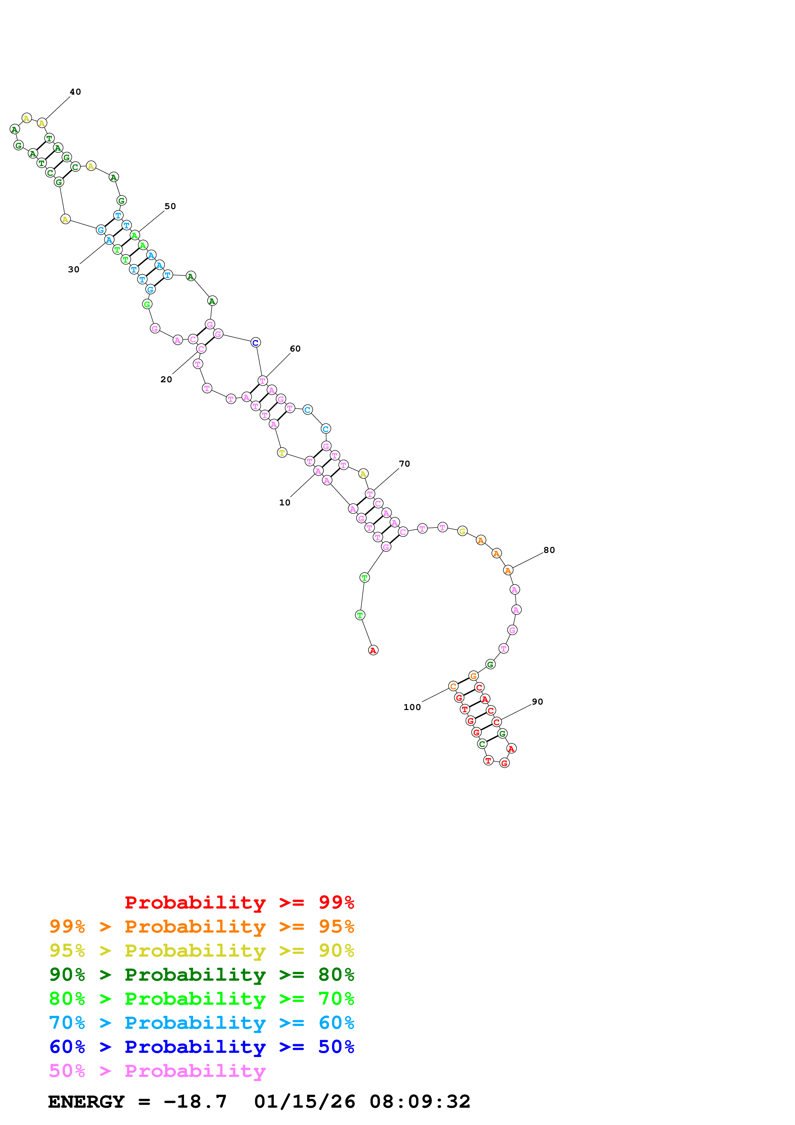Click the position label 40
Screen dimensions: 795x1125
tap(75, 92)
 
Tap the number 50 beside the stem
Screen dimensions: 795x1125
tap(170, 206)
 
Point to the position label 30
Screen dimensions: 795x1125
tap(73, 269)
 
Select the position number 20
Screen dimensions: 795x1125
tap(166, 379)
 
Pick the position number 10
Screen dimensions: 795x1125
tap(284, 502)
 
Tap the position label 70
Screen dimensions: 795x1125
tap(404, 463)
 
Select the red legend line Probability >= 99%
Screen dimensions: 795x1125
tap(239, 902)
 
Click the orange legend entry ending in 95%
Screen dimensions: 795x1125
tap(201, 926)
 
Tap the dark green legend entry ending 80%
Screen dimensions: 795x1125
tap(201, 975)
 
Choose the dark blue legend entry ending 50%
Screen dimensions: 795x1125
tap(201, 1047)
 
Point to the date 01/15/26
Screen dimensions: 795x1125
tap(304, 1102)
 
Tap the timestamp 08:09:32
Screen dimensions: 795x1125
tap(420, 1102)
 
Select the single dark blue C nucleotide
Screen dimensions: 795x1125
tap(255, 343)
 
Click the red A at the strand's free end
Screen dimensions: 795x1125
tap(373, 650)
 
